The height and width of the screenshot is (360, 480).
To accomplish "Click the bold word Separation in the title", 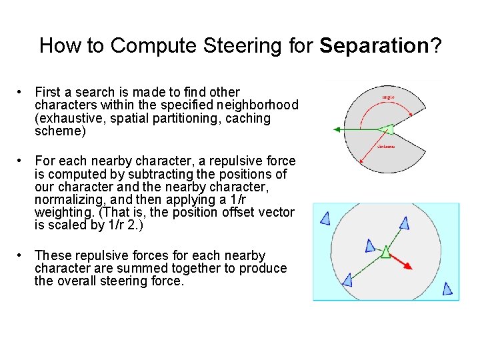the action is point(373,46).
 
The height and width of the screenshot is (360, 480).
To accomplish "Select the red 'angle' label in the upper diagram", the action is point(388,97).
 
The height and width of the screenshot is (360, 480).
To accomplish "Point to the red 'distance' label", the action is point(386,146).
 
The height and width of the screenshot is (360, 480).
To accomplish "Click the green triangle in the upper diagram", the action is point(385,129).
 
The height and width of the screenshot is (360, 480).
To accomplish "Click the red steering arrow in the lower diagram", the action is point(402,261).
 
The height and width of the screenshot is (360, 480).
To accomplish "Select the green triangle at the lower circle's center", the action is point(385,251).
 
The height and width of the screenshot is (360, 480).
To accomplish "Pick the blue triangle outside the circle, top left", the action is point(325,218).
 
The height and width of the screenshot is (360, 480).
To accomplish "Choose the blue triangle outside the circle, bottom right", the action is point(447,289).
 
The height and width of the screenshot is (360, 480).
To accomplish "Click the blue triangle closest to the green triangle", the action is point(371,246).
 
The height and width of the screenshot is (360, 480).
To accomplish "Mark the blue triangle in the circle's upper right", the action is point(404,223).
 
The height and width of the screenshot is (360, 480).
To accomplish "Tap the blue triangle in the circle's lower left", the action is point(347,279).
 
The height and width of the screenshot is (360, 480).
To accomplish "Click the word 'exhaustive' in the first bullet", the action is point(66,119).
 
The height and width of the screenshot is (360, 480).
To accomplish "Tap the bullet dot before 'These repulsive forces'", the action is point(22,256).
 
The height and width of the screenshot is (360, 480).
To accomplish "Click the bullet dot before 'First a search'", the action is point(22,92).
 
